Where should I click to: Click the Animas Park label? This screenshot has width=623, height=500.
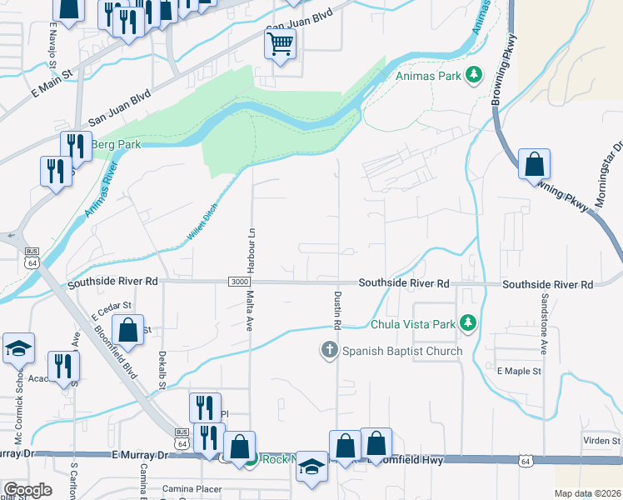pos(428,76)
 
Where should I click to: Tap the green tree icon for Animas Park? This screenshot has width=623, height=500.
pos(474,76)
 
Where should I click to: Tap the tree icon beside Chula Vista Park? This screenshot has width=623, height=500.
pos(469,322)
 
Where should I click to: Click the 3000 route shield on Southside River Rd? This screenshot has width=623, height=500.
pos(238,282)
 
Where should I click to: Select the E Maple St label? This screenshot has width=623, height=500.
pos(519,370)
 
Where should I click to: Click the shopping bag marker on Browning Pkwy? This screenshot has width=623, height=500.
pos(533,165)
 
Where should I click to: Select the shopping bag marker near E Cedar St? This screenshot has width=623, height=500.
pos(127,330)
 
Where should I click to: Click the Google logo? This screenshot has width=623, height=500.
pos(27,490)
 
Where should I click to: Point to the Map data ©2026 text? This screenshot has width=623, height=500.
pos(586,493)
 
